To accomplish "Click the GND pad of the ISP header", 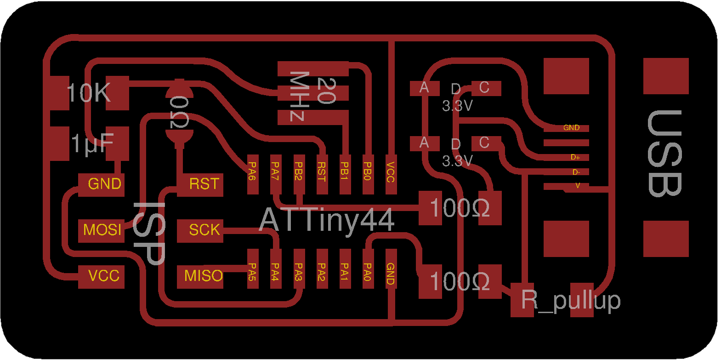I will (102, 184).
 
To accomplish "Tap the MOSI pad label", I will (102, 229).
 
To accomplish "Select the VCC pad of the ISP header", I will (102, 276).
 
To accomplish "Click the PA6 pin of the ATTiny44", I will (252, 174).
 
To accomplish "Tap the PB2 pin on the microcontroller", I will (299, 174).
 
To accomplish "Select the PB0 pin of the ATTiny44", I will (367, 174).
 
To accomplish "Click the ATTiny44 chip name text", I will (327, 220).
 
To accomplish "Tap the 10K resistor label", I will (88, 93).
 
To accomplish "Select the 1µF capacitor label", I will (92, 143).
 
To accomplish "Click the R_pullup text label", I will (571, 300).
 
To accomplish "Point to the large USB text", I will (664, 153).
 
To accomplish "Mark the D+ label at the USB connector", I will (575, 157).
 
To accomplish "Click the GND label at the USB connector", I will (571, 128).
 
